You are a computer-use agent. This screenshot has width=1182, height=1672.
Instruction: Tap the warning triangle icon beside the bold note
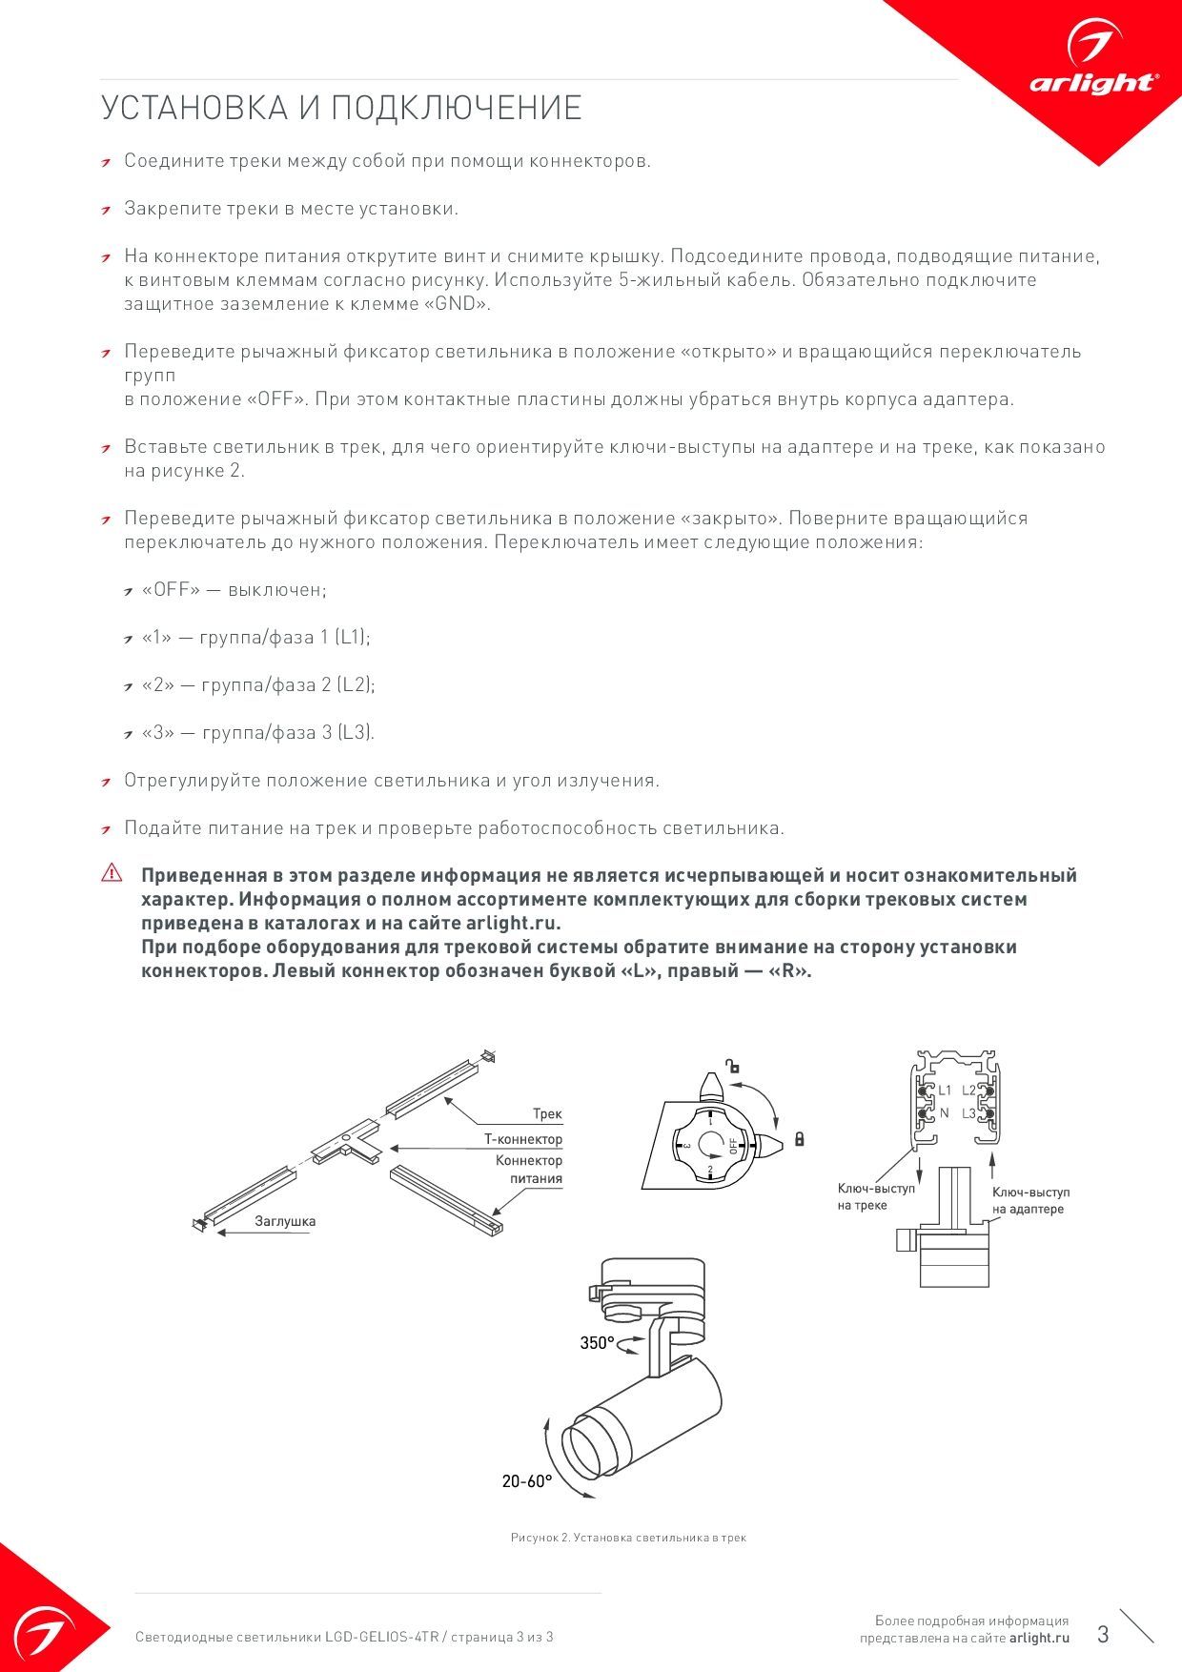click(x=112, y=872)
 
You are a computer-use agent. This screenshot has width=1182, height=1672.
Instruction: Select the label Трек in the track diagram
click(x=547, y=1113)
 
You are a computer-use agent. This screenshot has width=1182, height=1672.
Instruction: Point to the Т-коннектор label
click(x=523, y=1139)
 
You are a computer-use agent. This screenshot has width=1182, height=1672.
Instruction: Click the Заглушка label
click(x=285, y=1221)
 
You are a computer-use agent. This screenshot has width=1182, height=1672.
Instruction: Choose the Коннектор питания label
click(x=529, y=1170)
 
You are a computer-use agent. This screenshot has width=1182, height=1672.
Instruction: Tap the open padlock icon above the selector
click(x=732, y=1067)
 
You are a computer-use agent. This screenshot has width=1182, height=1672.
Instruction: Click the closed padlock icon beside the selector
click(x=799, y=1138)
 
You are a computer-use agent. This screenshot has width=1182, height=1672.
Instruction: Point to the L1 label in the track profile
click(x=945, y=1091)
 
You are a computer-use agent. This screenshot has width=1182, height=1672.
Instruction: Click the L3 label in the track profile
click(x=968, y=1113)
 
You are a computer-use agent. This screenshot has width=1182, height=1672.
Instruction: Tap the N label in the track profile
click(x=945, y=1113)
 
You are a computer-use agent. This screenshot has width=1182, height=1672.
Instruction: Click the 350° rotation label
click(x=597, y=1343)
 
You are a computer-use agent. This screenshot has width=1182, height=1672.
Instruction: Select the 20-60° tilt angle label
click(x=527, y=1481)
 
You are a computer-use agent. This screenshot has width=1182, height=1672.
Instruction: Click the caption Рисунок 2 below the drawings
click(x=628, y=1538)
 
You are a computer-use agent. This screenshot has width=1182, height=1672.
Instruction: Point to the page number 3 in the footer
click(x=1103, y=1634)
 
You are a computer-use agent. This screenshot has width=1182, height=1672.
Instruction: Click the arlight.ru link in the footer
click(x=1040, y=1638)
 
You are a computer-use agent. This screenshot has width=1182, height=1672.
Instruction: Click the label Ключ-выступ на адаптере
click(x=1030, y=1201)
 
